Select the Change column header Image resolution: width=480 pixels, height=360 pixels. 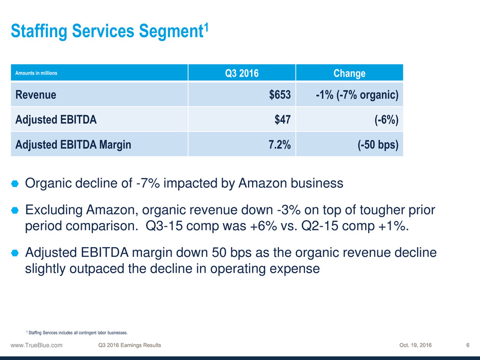tap(349, 73)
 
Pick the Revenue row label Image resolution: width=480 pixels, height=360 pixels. tap(36, 94)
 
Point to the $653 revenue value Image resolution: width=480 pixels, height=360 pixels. tap(280, 94)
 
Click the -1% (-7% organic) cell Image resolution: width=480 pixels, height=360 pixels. tap(357, 94)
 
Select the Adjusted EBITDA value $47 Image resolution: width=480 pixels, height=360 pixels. tap(284, 119)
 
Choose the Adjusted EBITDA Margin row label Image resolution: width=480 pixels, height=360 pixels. tap(73, 145)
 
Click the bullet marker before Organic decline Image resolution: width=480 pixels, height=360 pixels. tap(15, 183)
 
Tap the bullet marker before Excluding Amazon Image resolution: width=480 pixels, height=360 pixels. tap(15, 210)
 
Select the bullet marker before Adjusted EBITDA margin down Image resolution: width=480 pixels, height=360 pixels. tap(15, 253)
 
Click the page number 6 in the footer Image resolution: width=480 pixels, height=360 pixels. tap(468, 345)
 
